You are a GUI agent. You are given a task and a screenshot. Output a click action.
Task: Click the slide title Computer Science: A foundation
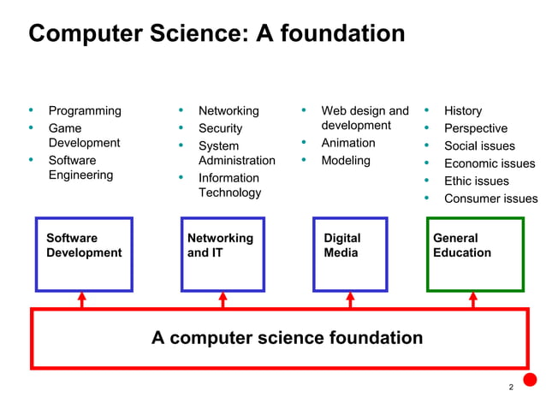tap(217, 34)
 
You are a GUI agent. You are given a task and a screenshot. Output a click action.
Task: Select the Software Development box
tap(84, 254)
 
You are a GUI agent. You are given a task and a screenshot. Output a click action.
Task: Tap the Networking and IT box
tap(223, 254)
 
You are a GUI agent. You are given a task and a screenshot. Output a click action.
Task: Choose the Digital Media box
tap(350, 254)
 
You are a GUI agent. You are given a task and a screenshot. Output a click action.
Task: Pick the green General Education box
tap(475, 254)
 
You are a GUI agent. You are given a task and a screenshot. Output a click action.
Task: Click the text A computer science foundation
tap(287, 338)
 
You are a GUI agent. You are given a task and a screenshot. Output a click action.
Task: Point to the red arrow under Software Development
tap(82, 299)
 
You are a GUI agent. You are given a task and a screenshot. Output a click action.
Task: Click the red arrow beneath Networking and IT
tap(223, 299)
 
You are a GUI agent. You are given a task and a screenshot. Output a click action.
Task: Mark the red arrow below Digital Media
tap(350, 299)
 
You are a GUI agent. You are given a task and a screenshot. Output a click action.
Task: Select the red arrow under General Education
tap(473, 299)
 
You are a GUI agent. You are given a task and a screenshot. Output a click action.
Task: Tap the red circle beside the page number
tap(530, 380)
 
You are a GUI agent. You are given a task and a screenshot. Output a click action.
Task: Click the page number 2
tap(511, 388)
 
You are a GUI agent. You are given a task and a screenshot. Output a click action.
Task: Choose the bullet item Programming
tap(85, 111)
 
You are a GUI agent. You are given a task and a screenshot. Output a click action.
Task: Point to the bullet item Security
tap(220, 128)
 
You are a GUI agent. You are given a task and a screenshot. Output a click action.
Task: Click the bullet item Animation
tap(348, 143)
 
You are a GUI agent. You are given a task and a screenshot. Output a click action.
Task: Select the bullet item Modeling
tap(346, 161)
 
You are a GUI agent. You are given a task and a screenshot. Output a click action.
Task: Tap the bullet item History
tap(463, 111)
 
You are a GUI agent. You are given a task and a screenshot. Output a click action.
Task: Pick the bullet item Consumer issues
tap(490, 199)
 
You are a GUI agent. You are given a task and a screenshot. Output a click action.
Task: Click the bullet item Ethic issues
tap(476, 181)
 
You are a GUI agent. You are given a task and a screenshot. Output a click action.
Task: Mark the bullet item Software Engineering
tap(80, 168)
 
